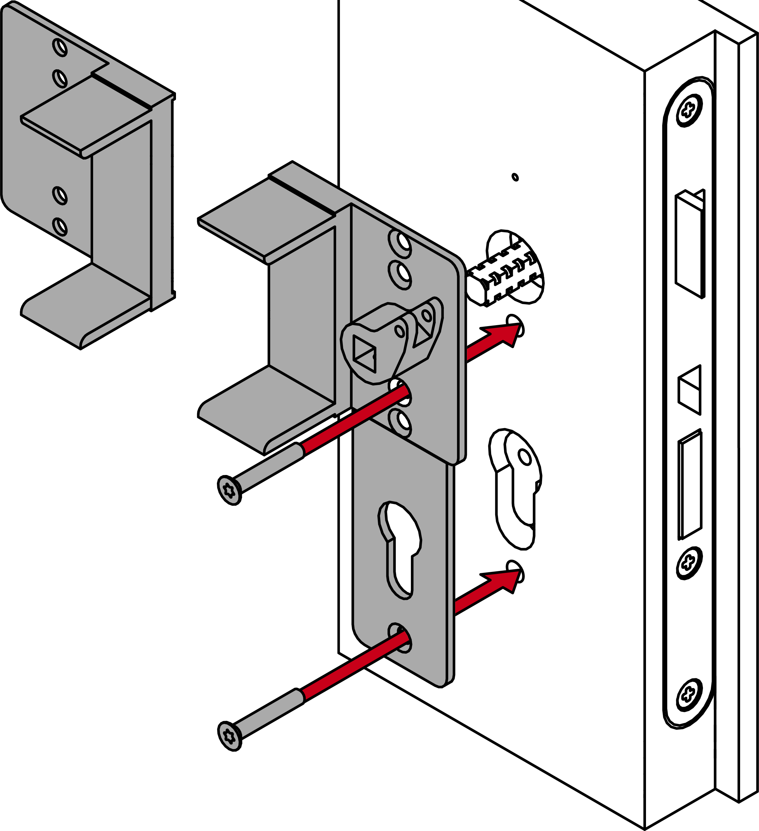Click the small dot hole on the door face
(515, 177)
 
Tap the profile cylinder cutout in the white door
(518, 489)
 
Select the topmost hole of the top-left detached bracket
(60, 47)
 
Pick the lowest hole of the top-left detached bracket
(60, 226)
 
